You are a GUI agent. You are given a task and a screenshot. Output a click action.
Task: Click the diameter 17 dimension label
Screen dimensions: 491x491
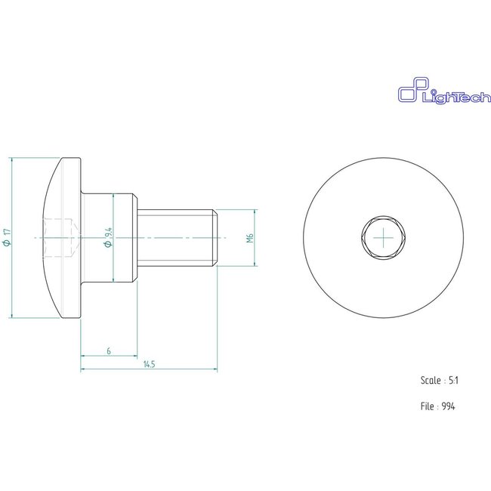pos(8,238)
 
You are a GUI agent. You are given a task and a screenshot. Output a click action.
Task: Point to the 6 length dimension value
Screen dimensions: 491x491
pos(110,351)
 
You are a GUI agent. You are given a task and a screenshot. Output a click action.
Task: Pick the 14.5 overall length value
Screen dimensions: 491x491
pos(148,365)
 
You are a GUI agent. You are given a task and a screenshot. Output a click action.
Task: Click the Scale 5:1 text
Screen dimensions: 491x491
pos(439,381)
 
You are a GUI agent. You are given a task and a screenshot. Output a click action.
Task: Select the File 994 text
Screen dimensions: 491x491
pos(438,406)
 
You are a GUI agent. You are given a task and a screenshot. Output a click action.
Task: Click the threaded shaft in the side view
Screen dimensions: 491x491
pos(178,238)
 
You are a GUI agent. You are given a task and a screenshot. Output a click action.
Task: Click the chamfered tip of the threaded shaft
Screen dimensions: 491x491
pos(216,238)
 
